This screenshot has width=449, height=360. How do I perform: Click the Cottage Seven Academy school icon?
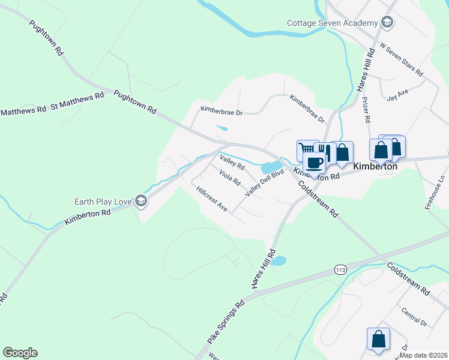pyautogui.click(x=388, y=23)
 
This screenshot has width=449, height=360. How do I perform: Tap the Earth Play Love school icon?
pyautogui.click(x=140, y=201)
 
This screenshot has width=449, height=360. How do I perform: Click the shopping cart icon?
pyautogui.click(x=307, y=148)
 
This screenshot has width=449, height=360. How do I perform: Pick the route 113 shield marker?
pyautogui.click(x=340, y=271)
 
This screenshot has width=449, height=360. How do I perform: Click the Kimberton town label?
pyautogui.click(x=376, y=166)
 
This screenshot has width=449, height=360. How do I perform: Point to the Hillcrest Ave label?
pyautogui.click(x=211, y=199)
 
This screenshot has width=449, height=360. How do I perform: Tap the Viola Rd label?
pyautogui.click(x=230, y=178)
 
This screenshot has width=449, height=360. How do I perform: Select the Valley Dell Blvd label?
pyautogui.click(x=264, y=182)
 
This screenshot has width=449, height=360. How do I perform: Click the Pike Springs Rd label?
pyautogui.click(x=226, y=322)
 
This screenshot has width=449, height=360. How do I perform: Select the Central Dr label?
pyautogui.click(x=414, y=318)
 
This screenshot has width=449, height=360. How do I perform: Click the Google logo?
pyautogui.click(x=20, y=353)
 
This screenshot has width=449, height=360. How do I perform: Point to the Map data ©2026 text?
pyautogui.click(x=423, y=355)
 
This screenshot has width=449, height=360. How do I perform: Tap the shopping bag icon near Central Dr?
pyautogui.click(x=379, y=339)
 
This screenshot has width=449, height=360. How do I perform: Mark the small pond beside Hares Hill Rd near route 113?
pyautogui.click(x=278, y=260)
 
